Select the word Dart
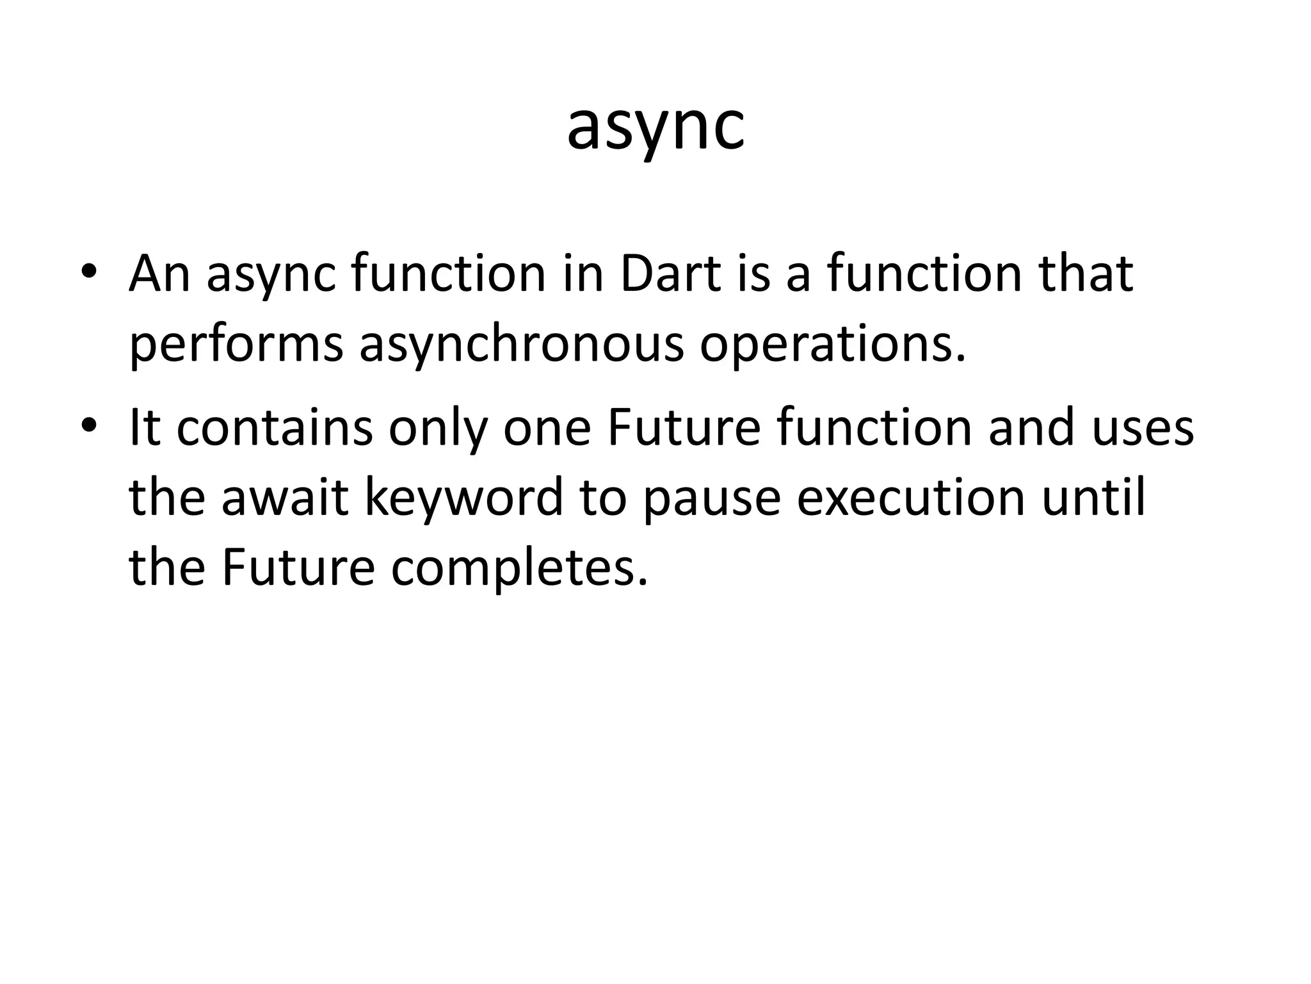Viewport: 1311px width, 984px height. click(x=672, y=274)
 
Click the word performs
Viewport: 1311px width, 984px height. click(x=236, y=346)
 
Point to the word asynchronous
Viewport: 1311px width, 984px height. click(x=521, y=346)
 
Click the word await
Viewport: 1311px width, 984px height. click(x=285, y=498)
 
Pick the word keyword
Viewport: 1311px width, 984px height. click(x=463, y=498)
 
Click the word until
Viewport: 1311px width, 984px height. click(x=1093, y=498)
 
